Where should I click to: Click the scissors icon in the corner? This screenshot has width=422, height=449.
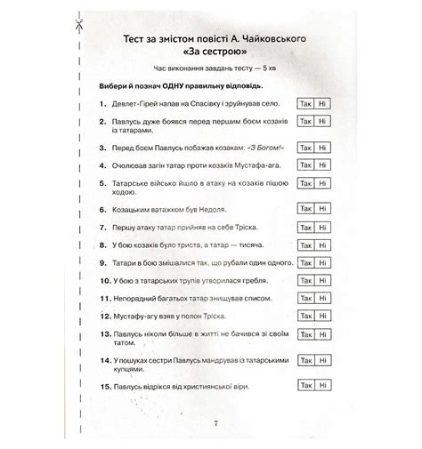tap(79, 26)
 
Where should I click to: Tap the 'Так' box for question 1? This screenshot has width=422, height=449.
tap(305, 104)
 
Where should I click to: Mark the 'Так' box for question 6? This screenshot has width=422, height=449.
tap(305, 207)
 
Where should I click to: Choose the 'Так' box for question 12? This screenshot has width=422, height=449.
tap(305, 317)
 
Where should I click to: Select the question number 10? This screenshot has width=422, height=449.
tap(105, 281)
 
